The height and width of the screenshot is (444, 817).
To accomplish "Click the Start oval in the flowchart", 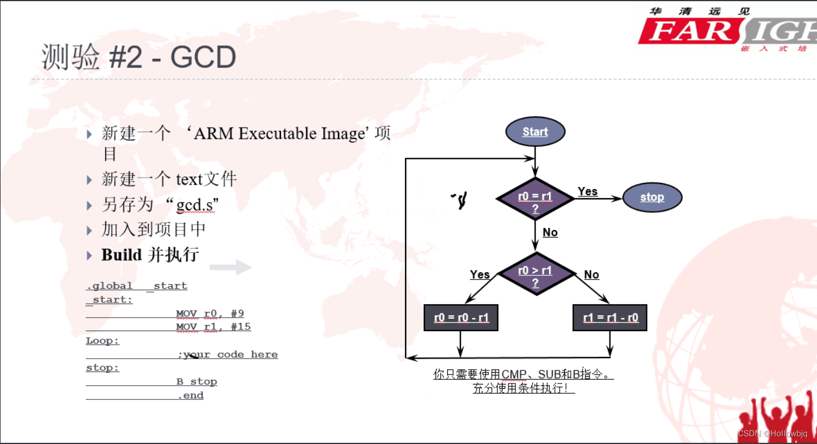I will pos(535,132).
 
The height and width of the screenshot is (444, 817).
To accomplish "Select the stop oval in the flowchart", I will pos(652,198).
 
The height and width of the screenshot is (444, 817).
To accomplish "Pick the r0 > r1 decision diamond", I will pos(535,274).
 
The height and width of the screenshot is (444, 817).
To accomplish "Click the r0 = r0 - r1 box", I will pos(461,318).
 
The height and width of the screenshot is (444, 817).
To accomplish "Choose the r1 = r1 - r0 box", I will pos(610,318).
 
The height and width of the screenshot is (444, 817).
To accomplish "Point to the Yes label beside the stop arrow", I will pos(588,192).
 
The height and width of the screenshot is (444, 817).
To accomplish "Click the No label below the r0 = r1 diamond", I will pos(550,233).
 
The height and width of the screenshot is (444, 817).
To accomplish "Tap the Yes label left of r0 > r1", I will pos(480,275).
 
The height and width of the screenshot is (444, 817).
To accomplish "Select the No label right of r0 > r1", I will pos(591,275).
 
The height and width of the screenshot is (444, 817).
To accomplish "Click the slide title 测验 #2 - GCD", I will pos(139,58).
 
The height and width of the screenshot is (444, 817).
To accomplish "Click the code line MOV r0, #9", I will pos(210,313).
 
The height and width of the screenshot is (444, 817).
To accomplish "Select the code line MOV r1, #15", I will pos(213,327).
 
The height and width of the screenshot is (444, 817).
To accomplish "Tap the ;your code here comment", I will pos(227,355).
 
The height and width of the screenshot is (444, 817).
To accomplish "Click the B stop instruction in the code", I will pos(197,382).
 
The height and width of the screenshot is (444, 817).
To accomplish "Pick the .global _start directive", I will pos(136,286).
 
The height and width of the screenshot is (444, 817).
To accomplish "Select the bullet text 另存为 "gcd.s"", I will pos(160,205).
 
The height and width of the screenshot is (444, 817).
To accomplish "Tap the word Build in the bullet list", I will pos(122,255).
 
